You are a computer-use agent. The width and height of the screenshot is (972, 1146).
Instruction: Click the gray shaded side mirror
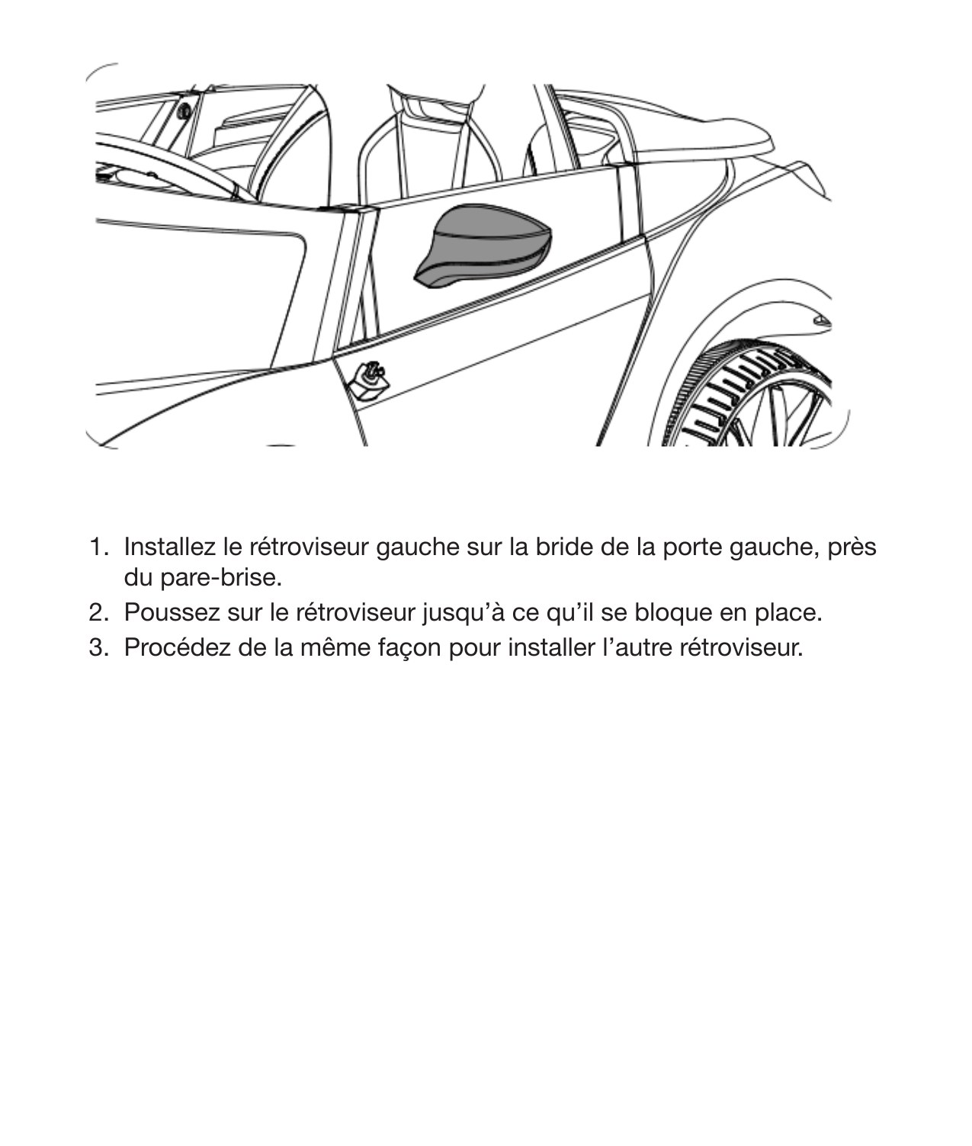[482, 246]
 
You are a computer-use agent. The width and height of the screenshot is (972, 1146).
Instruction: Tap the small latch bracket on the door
[370, 377]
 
